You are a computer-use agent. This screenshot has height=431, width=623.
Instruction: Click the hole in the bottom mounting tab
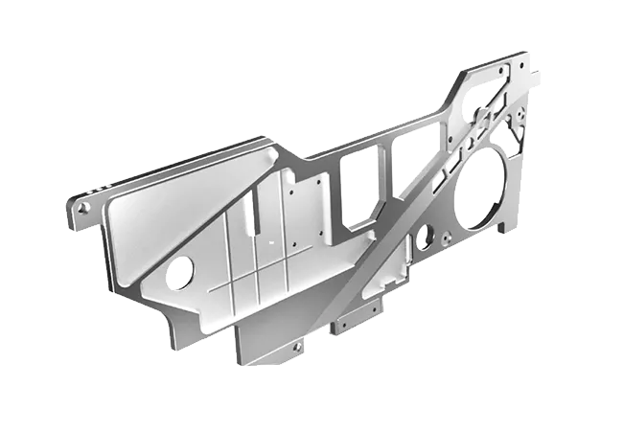click(x=297, y=347)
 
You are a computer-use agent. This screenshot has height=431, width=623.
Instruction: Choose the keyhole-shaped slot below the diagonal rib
click(x=421, y=234)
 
